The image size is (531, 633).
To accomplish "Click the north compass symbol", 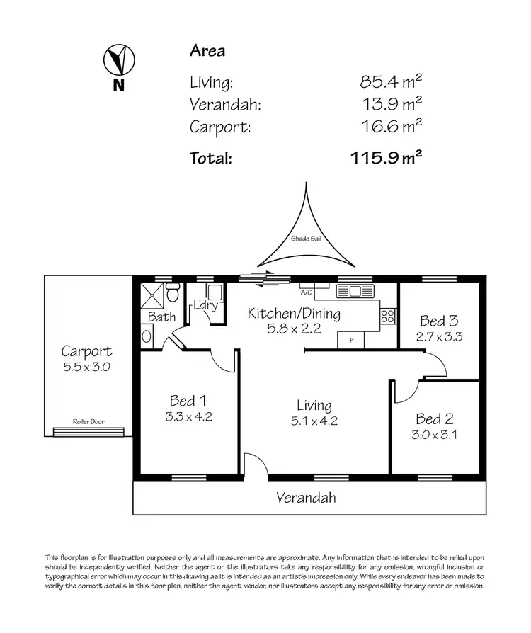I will coord(118,61).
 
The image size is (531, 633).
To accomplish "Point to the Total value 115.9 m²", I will coord(387,157).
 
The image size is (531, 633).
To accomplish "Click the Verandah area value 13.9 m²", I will coord(392,104).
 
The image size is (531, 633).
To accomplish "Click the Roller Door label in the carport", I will coord(88,422).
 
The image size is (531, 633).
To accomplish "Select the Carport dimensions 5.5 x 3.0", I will coord(86,367).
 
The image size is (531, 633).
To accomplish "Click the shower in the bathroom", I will coord(152,295).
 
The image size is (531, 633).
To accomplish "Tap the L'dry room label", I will coord(205,306).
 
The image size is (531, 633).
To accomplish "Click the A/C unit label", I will coord(306,292).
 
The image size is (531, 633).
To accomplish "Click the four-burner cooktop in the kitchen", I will coord(388,316).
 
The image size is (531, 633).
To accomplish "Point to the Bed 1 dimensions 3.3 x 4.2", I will coord(188,416).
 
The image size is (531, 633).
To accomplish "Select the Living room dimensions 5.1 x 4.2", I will coord(314,421).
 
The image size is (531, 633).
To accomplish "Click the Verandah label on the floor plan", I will coord(306,498).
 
